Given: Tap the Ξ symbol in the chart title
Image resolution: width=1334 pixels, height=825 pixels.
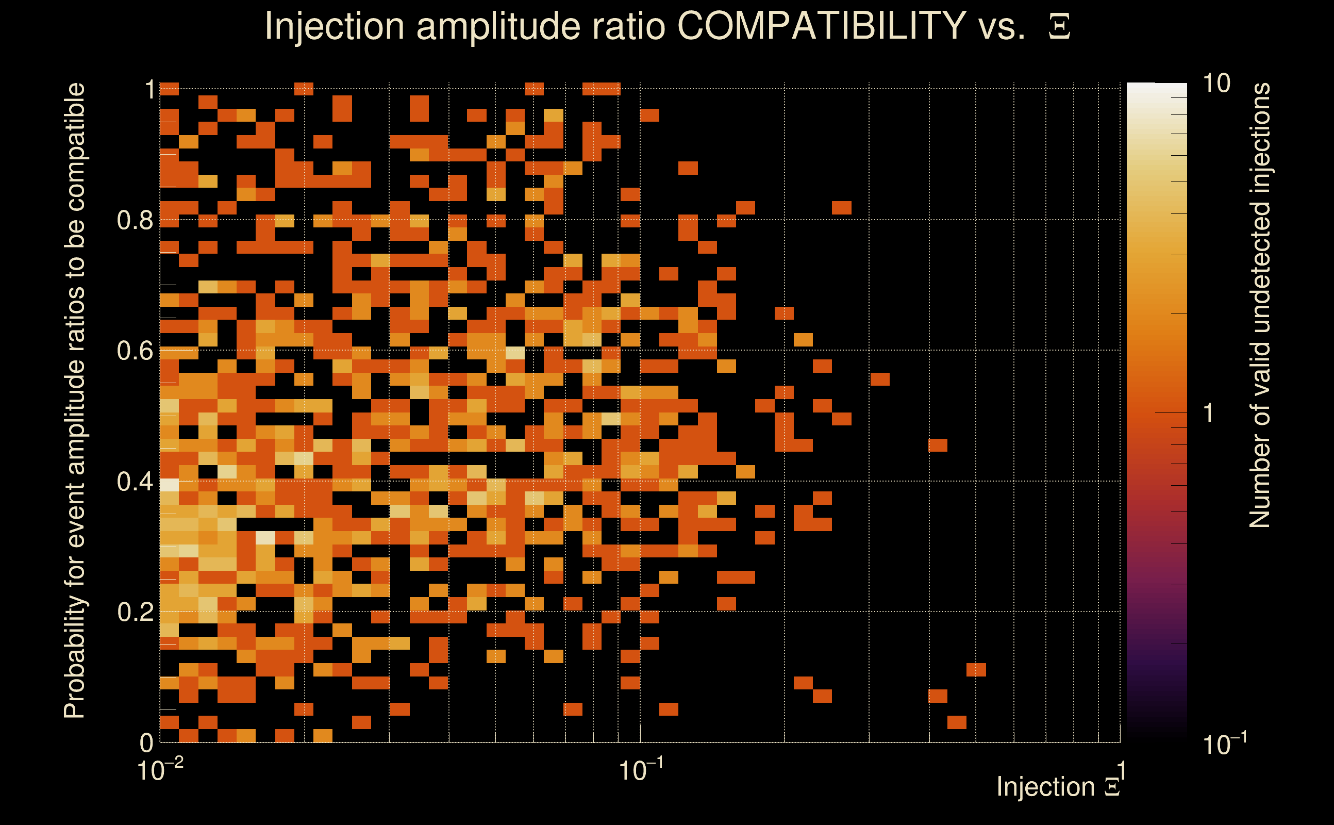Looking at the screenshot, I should pos(1059,27).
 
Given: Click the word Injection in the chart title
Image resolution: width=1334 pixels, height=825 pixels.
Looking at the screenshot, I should pos(335,26).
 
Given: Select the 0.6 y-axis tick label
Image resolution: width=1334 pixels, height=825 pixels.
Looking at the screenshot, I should pos(135,350).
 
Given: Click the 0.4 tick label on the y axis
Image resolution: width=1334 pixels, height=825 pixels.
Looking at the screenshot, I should pos(135,481).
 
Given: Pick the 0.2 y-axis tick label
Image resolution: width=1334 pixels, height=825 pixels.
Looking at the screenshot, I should pos(135,612).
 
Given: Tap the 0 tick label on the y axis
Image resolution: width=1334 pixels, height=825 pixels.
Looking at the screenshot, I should pos(146,742).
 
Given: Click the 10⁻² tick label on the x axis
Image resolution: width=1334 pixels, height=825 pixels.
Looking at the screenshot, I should pos(159,770).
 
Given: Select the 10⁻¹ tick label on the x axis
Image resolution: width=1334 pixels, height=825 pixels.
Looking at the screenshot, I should pos(640,770).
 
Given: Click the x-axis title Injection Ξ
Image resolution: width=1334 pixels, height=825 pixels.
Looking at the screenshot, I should pos(1058,787).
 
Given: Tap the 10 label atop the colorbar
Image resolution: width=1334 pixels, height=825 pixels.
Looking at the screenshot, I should pos(1216,84).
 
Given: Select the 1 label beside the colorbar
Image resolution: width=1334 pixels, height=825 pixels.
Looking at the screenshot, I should pos(1209,413).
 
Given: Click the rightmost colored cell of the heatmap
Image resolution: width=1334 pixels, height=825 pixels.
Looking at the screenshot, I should pos(976,669).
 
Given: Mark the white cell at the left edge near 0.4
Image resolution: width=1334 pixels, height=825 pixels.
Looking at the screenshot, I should pos(169,485).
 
